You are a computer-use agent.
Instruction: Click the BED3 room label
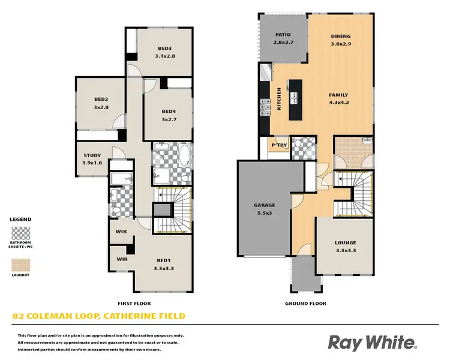(165, 48)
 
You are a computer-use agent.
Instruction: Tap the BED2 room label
(100, 100)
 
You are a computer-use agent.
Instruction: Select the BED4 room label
(169, 111)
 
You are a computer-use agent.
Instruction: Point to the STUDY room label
(92, 155)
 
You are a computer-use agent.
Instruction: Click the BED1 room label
(164, 260)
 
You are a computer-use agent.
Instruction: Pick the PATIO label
(283, 35)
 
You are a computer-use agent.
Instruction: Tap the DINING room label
(341, 36)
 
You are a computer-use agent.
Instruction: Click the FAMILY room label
(338, 95)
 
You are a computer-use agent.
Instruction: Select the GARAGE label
(264, 205)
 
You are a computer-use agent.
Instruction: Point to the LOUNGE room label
(346, 243)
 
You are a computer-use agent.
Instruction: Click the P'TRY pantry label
(279, 145)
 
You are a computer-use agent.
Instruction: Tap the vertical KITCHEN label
(279, 99)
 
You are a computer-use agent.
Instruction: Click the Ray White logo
(372, 342)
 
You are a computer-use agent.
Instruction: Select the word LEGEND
(20, 220)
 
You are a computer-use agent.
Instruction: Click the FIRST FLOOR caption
(134, 304)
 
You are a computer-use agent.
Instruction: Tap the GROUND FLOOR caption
(306, 304)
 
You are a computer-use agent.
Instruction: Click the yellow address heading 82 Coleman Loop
(99, 316)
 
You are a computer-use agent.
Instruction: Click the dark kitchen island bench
(295, 99)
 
